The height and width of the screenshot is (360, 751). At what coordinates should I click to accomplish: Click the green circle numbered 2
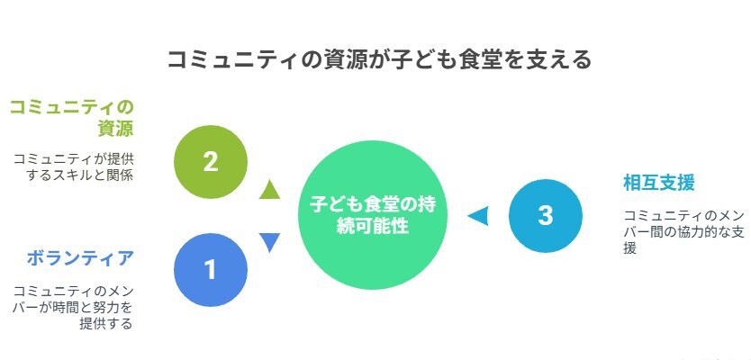[x=211, y=162]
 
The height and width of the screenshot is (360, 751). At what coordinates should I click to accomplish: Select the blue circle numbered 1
[x=211, y=270]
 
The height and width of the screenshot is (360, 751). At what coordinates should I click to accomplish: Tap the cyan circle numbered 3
[x=546, y=216]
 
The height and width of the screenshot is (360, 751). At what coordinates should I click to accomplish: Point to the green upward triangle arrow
[x=269, y=189]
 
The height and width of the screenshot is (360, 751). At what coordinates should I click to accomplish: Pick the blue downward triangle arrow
[x=269, y=242]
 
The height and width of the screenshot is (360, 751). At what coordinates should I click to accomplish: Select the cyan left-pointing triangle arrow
[x=478, y=216]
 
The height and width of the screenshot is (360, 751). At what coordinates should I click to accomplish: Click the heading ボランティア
[x=79, y=258]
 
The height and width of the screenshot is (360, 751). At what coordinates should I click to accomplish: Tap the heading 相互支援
[x=659, y=183]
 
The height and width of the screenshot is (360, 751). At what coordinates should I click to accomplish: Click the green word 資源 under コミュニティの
[x=115, y=129]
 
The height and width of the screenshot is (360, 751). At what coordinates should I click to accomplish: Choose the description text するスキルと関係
[x=79, y=175]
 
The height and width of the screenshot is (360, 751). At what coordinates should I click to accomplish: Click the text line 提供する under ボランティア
[x=106, y=324]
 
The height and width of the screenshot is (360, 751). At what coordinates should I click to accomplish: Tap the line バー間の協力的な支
[x=684, y=232]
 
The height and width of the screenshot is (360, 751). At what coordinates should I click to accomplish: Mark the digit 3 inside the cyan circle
[x=546, y=216]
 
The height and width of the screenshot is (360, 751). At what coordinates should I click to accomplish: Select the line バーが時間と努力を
[x=73, y=307]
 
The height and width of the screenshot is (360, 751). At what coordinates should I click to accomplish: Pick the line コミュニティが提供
[x=73, y=158]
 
